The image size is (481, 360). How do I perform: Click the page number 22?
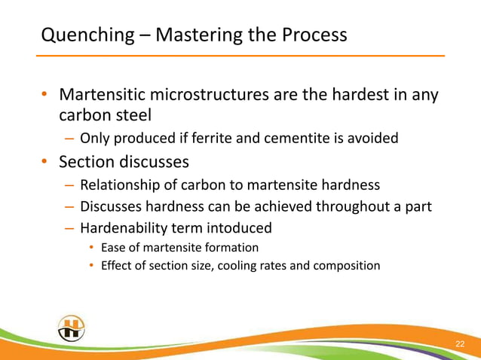460,344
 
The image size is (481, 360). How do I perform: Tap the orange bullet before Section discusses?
45,163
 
